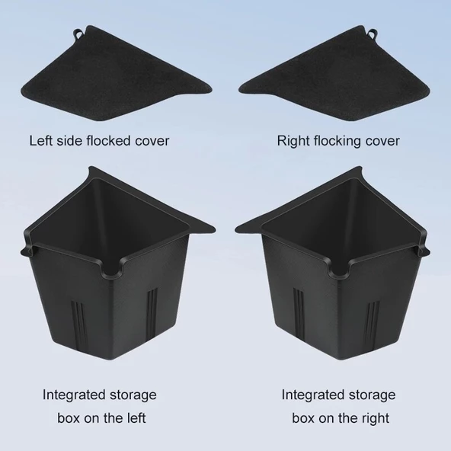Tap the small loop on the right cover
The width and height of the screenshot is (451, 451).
373,33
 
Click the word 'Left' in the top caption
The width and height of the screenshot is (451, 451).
41,141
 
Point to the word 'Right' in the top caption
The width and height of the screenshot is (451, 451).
293,142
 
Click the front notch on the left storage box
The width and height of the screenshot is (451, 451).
114,270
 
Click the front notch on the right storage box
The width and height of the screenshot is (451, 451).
338,270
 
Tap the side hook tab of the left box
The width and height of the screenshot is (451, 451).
27,250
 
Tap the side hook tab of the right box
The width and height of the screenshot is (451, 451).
424,250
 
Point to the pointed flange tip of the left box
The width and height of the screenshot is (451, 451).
215,230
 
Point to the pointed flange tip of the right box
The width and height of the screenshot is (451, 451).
236,230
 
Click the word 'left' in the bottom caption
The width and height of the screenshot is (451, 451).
136,418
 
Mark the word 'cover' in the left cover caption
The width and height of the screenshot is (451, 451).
152,142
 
